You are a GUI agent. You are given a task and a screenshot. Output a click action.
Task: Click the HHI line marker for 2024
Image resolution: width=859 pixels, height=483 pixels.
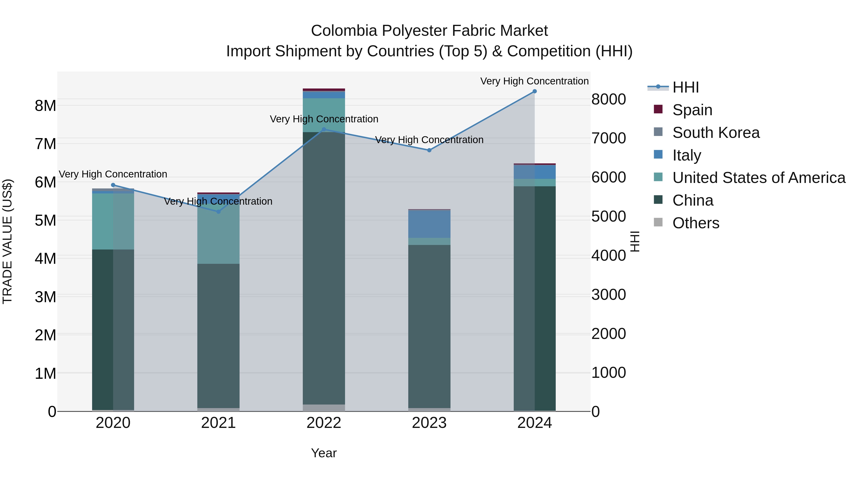click(534, 91)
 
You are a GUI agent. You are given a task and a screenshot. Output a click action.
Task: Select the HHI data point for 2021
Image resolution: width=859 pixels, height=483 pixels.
click(218, 212)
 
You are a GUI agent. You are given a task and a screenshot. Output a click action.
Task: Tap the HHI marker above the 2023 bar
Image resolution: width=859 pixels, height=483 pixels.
click(429, 150)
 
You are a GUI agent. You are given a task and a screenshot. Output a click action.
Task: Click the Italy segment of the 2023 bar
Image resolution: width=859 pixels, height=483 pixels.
click(429, 224)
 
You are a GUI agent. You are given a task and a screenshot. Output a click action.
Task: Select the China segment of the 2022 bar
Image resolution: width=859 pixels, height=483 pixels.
click(324, 267)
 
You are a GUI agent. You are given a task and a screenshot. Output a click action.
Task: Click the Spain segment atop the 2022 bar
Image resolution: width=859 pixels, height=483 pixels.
click(324, 90)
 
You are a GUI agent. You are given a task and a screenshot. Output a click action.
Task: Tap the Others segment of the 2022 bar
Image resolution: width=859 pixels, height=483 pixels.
click(324, 408)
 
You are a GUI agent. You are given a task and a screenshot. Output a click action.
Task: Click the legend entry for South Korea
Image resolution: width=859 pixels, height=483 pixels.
click(716, 133)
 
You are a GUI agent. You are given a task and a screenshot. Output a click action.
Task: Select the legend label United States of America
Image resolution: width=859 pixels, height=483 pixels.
click(759, 178)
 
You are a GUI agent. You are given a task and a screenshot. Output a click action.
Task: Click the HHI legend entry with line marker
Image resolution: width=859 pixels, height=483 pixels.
click(674, 87)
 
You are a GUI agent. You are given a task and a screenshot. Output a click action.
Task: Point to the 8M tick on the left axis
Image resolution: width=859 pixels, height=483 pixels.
click(45, 106)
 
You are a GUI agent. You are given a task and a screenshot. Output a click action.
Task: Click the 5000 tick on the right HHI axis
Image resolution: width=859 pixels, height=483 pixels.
click(608, 217)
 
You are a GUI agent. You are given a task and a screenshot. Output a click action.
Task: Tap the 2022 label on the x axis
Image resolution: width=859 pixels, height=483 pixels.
click(324, 423)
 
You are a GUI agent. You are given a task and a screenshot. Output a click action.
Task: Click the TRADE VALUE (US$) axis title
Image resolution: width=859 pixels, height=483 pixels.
click(7, 241)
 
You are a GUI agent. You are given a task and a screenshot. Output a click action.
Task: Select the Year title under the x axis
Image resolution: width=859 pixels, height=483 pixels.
click(324, 453)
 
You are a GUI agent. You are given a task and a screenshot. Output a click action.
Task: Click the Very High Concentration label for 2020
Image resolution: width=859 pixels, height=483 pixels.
click(113, 174)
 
